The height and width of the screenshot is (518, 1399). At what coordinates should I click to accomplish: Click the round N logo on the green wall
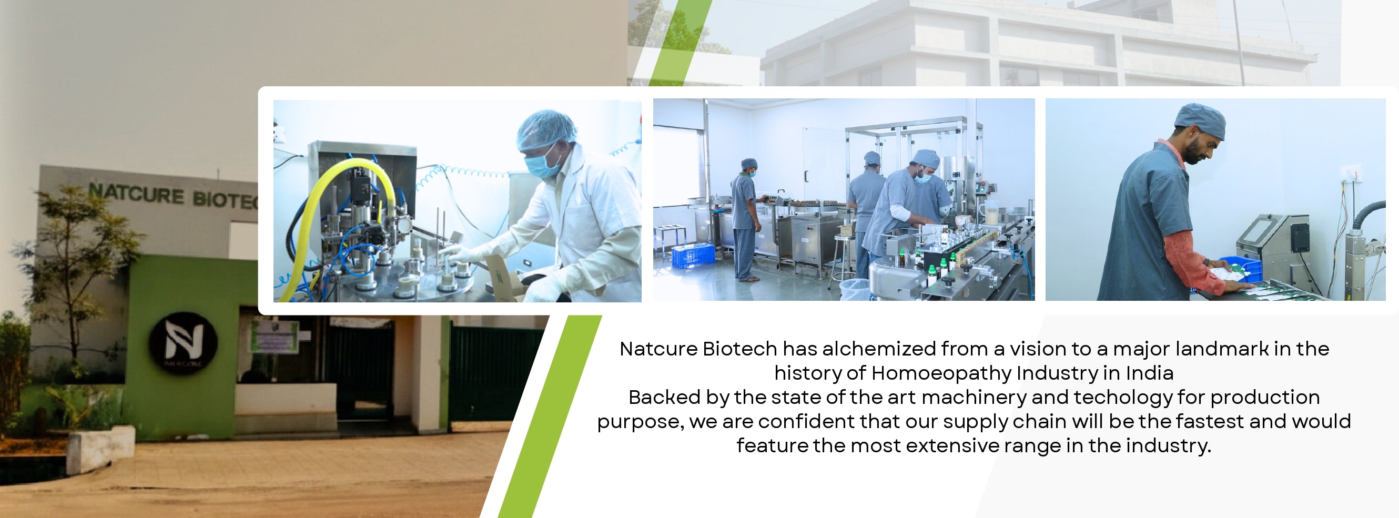pos(183,343)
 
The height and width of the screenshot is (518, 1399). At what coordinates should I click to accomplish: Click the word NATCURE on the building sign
pos(136,194)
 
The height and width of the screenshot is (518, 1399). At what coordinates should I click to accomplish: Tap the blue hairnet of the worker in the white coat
pos(546,129)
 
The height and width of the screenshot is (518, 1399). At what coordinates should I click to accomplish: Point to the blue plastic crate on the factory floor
pos(693,256)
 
